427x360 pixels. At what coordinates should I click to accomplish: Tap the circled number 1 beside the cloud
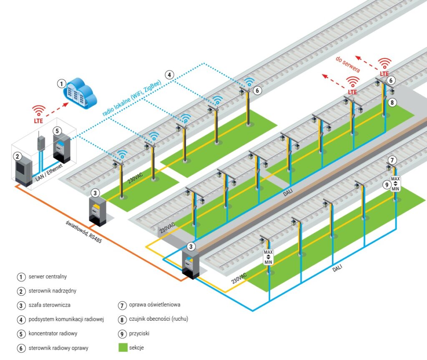pos(62,83)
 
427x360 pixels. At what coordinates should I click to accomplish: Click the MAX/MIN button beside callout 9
pos(395,184)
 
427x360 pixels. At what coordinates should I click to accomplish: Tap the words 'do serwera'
pos(348,63)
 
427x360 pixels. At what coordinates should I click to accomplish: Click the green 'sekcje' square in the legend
pos(123,347)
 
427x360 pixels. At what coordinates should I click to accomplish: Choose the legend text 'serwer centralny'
pos(48,277)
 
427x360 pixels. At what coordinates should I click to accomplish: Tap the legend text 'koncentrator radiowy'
pos(53,333)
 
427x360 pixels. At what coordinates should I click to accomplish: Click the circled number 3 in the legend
pos(20,305)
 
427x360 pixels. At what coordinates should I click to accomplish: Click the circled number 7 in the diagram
pos(391,160)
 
